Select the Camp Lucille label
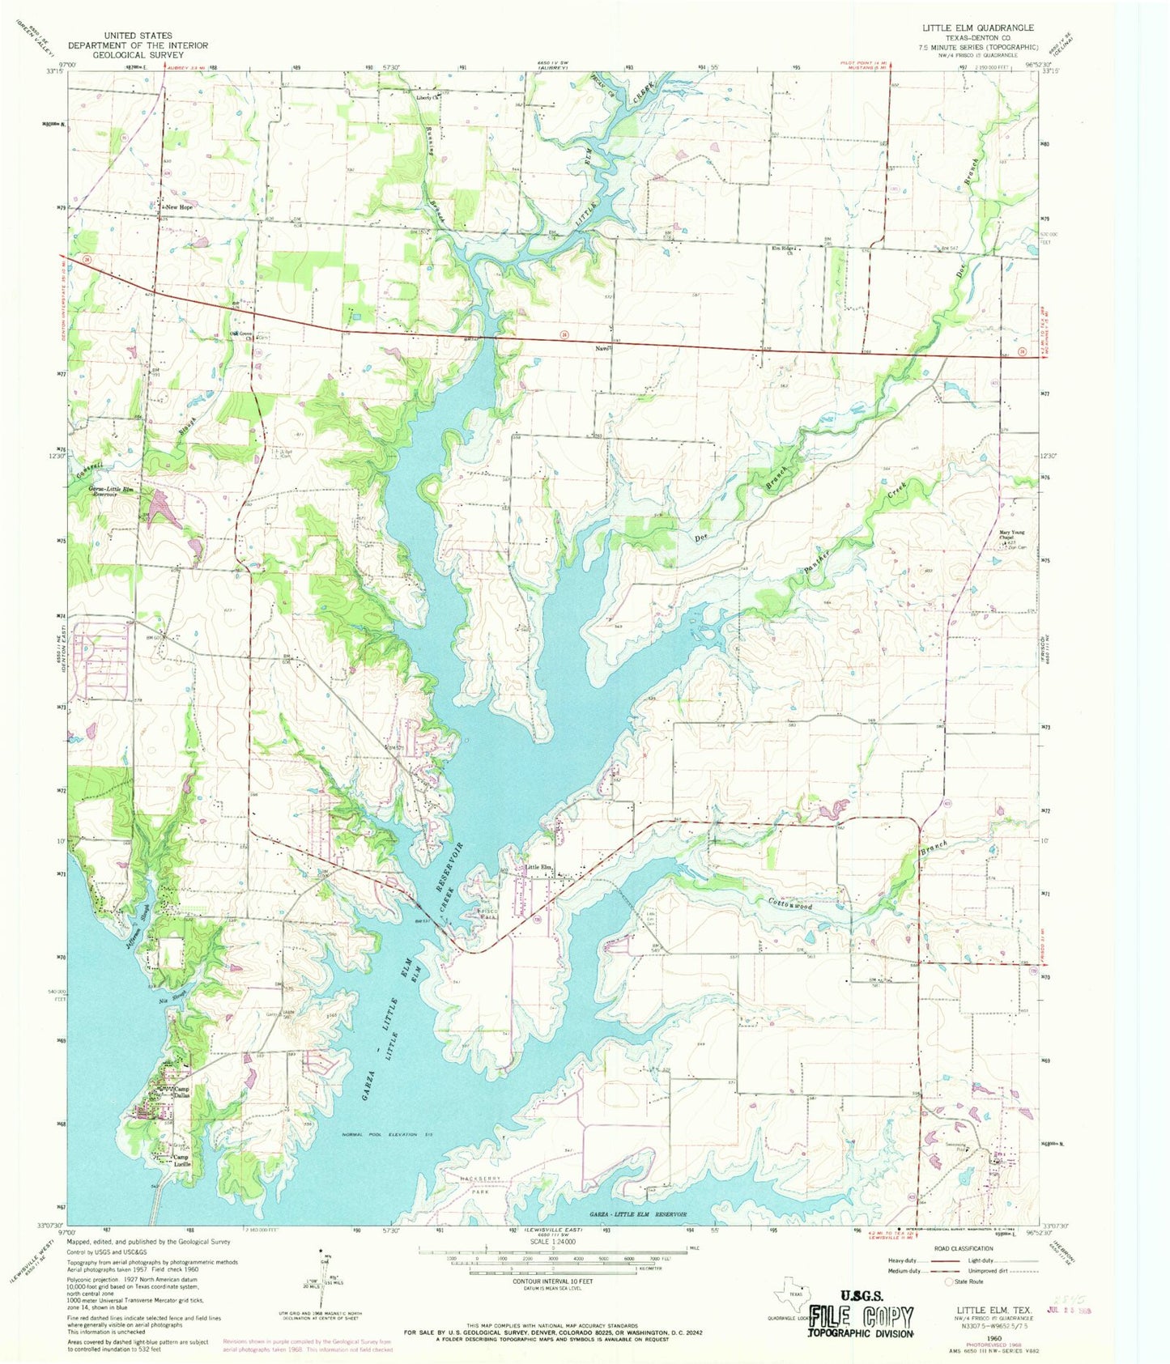coord(181,1161)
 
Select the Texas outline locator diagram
coord(791,1295)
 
